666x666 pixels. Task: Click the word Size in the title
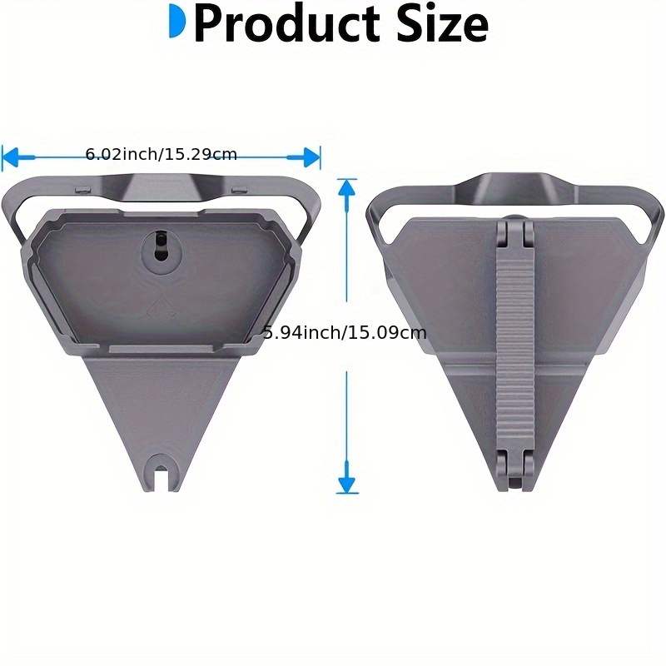pos(438,25)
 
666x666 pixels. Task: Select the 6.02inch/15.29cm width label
pos(162,154)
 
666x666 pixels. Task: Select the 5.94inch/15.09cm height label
pos(345,333)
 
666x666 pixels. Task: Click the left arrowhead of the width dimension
pos(10,156)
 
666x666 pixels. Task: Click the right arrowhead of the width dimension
pos(312,156)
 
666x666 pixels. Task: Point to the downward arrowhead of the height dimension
pos(346,484)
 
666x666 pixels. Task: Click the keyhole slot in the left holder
pos(160,246)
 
